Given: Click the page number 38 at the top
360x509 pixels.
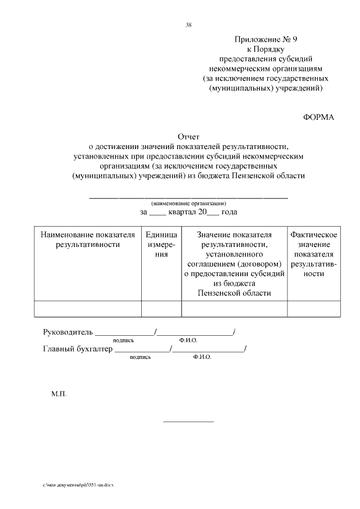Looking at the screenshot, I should (188, 24).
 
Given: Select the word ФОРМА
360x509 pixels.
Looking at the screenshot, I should (318, 117).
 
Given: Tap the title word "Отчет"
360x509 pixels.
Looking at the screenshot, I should (188, 137).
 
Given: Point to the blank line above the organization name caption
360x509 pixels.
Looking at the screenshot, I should (188, 197).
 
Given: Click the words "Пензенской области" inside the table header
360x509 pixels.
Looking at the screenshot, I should (234, 293).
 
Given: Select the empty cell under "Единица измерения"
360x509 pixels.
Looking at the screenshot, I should (161, 309).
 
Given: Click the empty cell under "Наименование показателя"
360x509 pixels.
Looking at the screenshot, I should (88, 309).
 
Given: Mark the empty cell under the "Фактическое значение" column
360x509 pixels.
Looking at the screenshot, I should (313, 309).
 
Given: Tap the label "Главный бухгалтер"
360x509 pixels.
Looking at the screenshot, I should (78, 349).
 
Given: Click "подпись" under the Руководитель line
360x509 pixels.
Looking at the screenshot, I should (123, 340).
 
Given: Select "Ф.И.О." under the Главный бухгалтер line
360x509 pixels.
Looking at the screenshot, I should (201, 357).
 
